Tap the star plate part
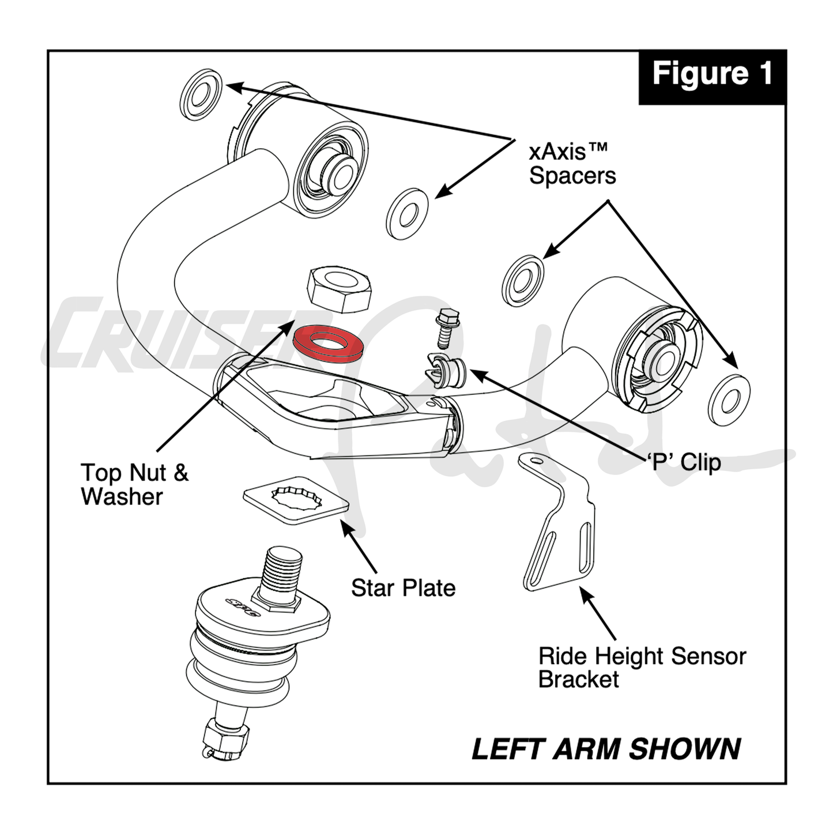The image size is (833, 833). pos(296,500)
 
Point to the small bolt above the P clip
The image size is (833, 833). pos(446,328)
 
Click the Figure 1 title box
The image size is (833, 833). pos(712,75)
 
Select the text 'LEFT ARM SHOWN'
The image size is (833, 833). pos(606,749)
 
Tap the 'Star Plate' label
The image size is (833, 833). pos(403,588)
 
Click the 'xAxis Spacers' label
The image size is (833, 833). pos(572,164)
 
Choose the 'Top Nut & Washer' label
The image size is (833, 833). pos(134,484)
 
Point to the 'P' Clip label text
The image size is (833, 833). pos(683,462)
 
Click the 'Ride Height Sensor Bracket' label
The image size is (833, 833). pos(641,668)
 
